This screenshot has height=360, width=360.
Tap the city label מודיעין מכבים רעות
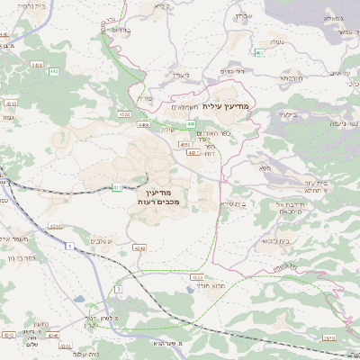tap(161, 198)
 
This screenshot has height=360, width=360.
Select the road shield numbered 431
tap(118, 187)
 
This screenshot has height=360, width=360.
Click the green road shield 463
tap(258, 54)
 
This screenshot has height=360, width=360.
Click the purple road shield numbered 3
tap(118, 289)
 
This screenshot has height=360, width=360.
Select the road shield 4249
tap(139, 247)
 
